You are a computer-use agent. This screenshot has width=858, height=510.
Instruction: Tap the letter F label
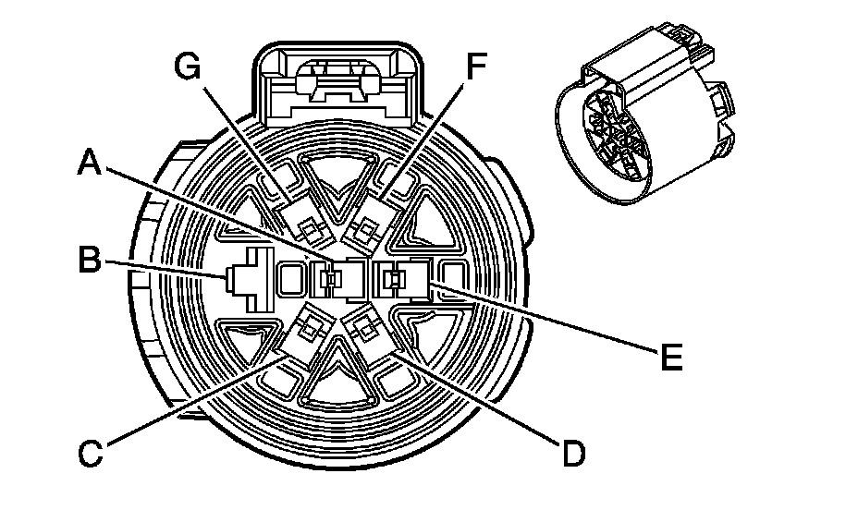tap(475, 67)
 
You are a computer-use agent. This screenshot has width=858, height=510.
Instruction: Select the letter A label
tap(90, 164)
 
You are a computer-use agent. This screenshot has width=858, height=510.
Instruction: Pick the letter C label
tap(90, 454)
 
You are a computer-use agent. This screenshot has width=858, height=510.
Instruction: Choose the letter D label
tap(573, 454)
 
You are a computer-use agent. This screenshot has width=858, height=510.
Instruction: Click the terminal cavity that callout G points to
tap(302, 218)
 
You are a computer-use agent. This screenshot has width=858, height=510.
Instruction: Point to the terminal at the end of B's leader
tap(240, 275)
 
